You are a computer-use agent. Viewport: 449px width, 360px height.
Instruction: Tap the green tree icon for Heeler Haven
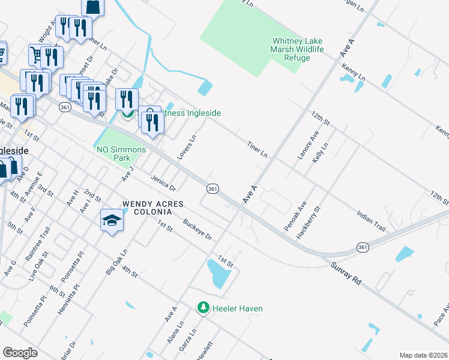[203, 308]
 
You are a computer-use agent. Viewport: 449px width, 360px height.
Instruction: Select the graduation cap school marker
[112, 222]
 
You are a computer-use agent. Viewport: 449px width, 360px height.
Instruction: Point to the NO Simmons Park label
[122, 154]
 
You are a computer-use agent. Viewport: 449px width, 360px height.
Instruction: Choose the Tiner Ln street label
[257, 149]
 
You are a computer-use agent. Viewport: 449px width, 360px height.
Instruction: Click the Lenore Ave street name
[302, 146]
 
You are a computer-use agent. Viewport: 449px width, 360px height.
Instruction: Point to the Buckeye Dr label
[198, 229]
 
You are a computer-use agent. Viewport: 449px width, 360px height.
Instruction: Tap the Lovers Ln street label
[187, 147]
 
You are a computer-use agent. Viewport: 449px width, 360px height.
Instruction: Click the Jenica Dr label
[163, 183]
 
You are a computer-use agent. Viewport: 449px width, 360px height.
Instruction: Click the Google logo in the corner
[20, 353]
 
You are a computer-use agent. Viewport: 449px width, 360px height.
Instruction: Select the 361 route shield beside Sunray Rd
[362, 247]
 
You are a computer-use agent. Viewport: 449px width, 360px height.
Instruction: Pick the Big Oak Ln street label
[117, 262]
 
